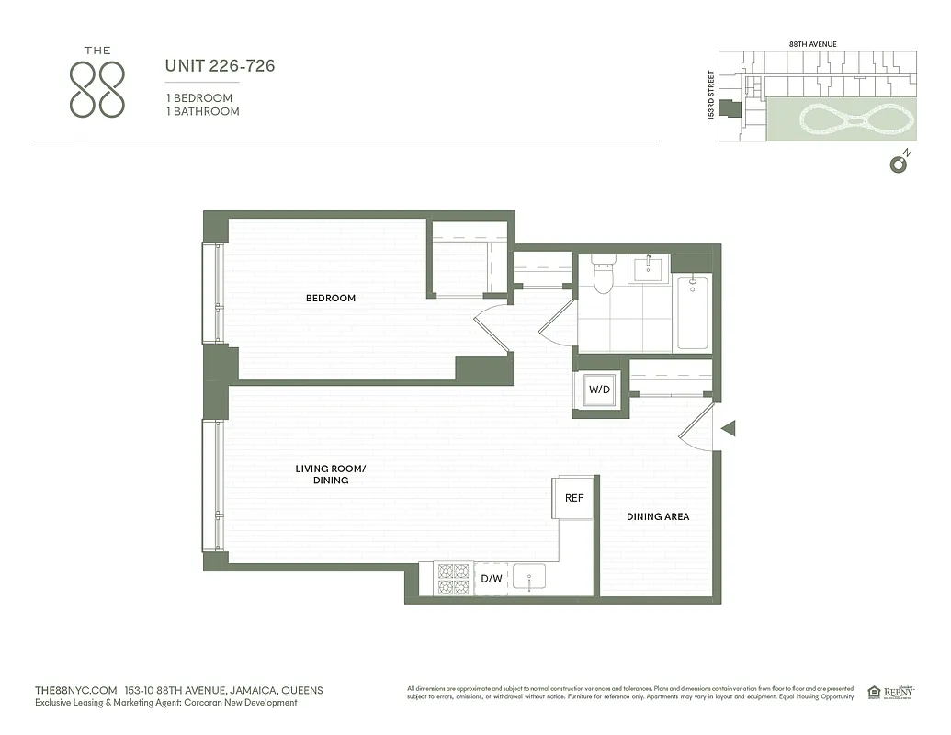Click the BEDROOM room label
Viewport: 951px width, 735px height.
[330, 298]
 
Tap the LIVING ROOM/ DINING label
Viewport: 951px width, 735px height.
[330, 474]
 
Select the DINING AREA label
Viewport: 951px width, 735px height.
[658, 516]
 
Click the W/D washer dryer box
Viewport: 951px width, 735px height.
[599, 390]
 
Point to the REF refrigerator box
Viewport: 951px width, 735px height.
[574, 498]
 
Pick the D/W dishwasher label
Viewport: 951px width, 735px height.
[492, 579]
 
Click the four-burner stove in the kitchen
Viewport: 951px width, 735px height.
[453, 579]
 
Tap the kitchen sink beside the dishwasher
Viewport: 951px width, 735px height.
[530, 578]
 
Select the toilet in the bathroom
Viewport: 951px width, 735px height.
[603, 275]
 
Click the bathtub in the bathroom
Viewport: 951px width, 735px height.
[693, 312]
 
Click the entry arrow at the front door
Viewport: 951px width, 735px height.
[729, 428]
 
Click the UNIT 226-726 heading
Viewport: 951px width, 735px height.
[220, 66]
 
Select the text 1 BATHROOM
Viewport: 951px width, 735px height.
[202, 111]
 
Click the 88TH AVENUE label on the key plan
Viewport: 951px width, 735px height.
[812, 44]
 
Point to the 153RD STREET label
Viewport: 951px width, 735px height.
[710, 97]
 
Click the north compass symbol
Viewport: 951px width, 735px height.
[898, 164]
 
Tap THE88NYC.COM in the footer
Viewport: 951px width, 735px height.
[75, 690]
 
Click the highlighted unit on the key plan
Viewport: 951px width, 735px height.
[733, 108]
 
